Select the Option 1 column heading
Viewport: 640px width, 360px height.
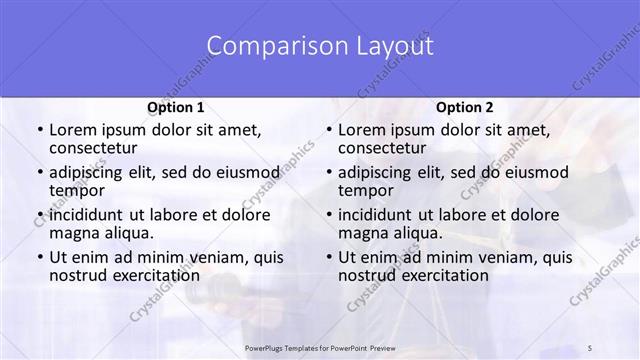175,107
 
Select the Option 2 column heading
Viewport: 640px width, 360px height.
465,107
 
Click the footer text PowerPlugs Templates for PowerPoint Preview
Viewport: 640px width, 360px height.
319,347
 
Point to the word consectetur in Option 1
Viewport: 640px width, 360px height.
98,149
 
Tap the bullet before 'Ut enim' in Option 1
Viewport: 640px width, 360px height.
38,257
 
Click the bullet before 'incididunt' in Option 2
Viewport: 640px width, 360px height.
328,215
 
